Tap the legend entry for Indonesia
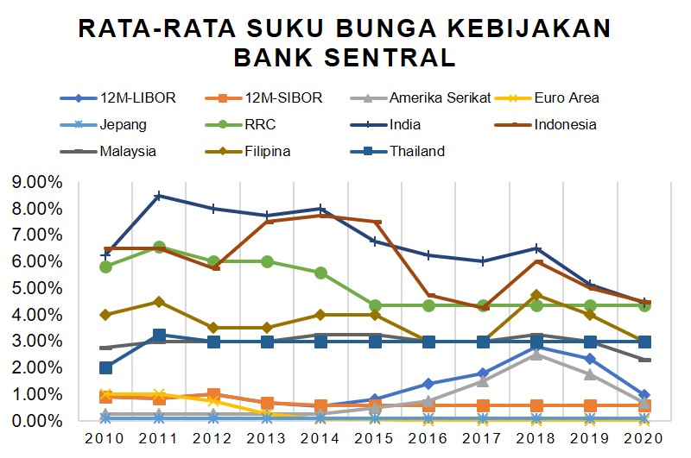click(x=565, y=124)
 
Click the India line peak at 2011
click(x=159, y=196)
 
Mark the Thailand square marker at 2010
click(x=105, y=367)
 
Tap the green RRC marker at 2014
click(x=320, y=273)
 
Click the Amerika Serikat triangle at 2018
click(x=536, y=354)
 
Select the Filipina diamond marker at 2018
click(x=536, y=295)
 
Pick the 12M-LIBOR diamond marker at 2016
click(x=428, y=384)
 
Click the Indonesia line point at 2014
click(x=320, y=215)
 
